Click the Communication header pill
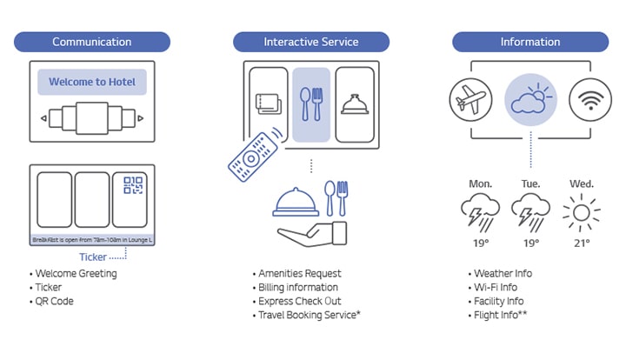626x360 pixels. tap(91, 42)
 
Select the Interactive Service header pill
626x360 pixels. tap(310, 42)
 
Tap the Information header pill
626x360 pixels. tap(529, 42)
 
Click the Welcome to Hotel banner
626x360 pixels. tap(91, 83)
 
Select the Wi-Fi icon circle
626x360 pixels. tap(589, 100)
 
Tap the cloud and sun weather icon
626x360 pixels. tap(530, 100)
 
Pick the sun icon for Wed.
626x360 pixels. tap(581, 212)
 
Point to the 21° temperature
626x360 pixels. tap(581, 243)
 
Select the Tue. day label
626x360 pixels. tap(529, 184)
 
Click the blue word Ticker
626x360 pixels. tap(93, 257)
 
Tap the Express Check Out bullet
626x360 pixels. tap(300, 301)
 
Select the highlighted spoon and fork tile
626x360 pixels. tap(311, 104)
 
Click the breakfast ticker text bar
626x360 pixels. tap(92, 239)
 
